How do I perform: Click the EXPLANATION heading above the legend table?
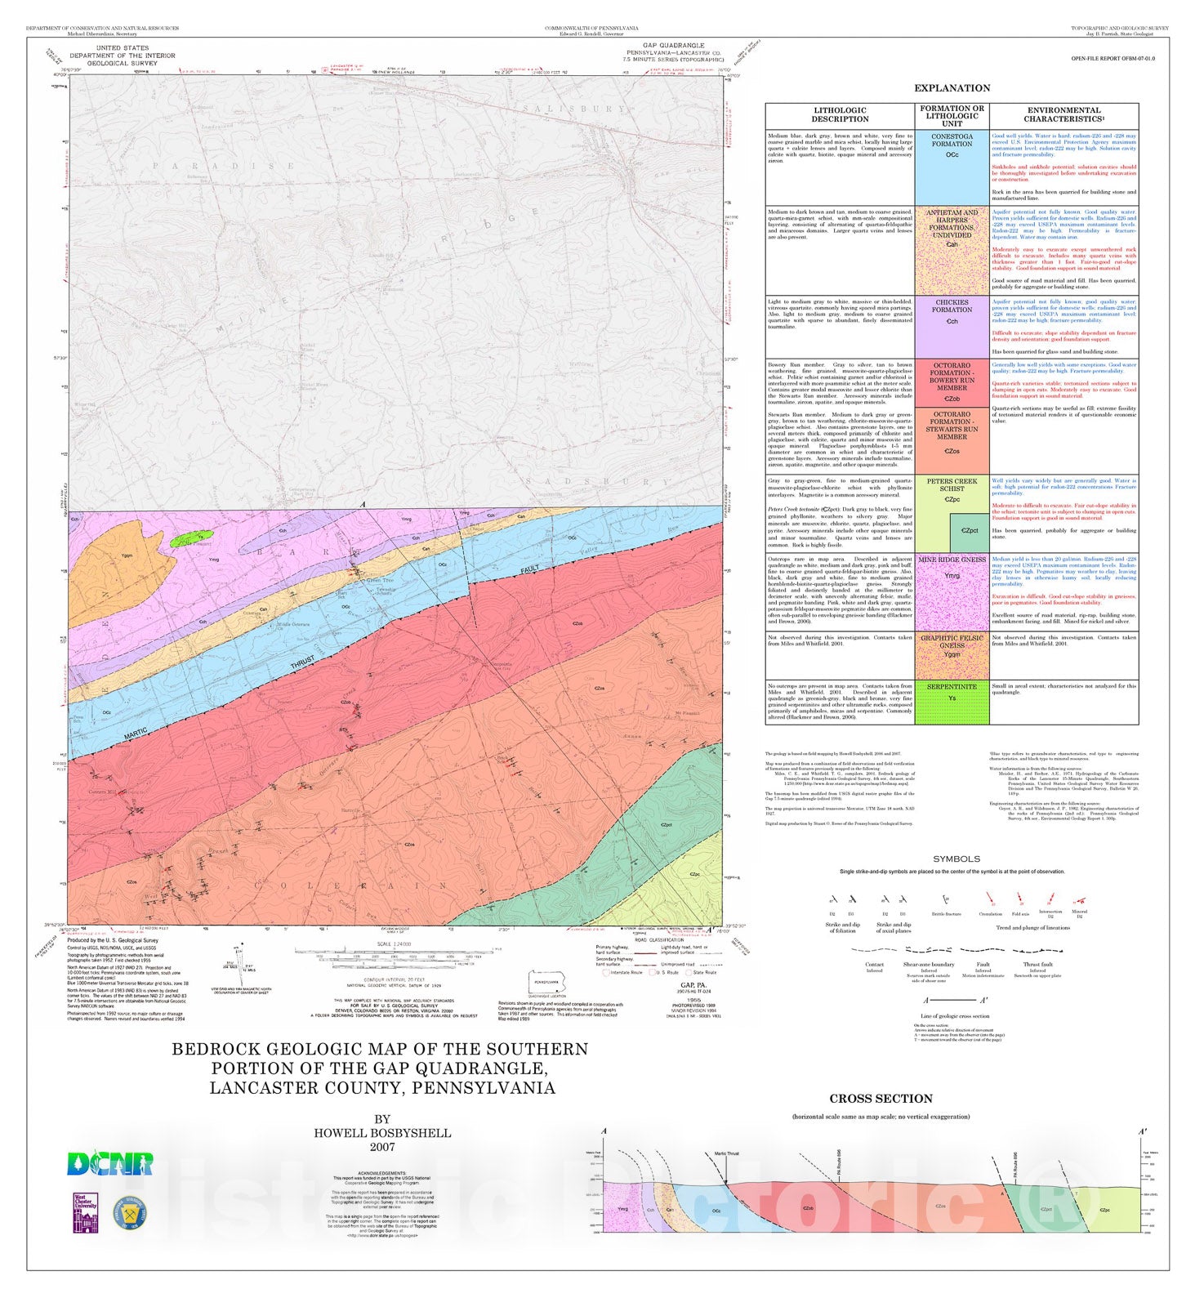pyautogui.click(x=952, y=88)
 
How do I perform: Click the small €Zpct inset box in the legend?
pyautogui.click(x=970, y=532)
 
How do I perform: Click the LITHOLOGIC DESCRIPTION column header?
pyautogui.click(x=840, y=115)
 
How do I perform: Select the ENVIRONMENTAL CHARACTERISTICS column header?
pyautogui.click(x=1063, y=115)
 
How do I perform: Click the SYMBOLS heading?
pyautogui.click(x=956, y=859)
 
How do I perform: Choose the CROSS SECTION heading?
pyautogui.click(x=881, y=1099)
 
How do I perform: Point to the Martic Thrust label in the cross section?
pyautogui.click(x=726, y=1153)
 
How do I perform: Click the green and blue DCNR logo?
pyautogui.click(x=109, y=1164)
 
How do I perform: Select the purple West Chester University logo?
pyautogui.click(x=86, y=1213)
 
